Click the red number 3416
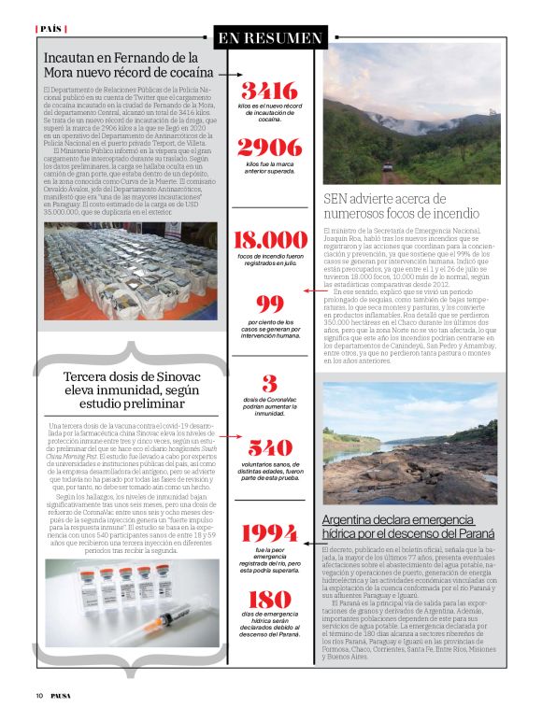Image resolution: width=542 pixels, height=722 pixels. pos(269,91)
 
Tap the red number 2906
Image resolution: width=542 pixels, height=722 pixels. pos(269,147)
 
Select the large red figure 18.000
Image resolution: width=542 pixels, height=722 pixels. pos(269,240)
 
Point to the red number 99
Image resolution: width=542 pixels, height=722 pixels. pos(269,304)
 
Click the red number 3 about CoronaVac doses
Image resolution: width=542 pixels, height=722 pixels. pos(269,383)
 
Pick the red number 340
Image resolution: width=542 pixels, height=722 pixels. pos(269,446)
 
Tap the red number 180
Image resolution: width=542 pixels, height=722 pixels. pos(269,599)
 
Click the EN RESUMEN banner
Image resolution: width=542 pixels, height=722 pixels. pos(270,38)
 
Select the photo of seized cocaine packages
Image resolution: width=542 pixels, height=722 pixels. pos(130,270)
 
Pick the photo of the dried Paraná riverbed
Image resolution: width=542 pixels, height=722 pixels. pos(411,442)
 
